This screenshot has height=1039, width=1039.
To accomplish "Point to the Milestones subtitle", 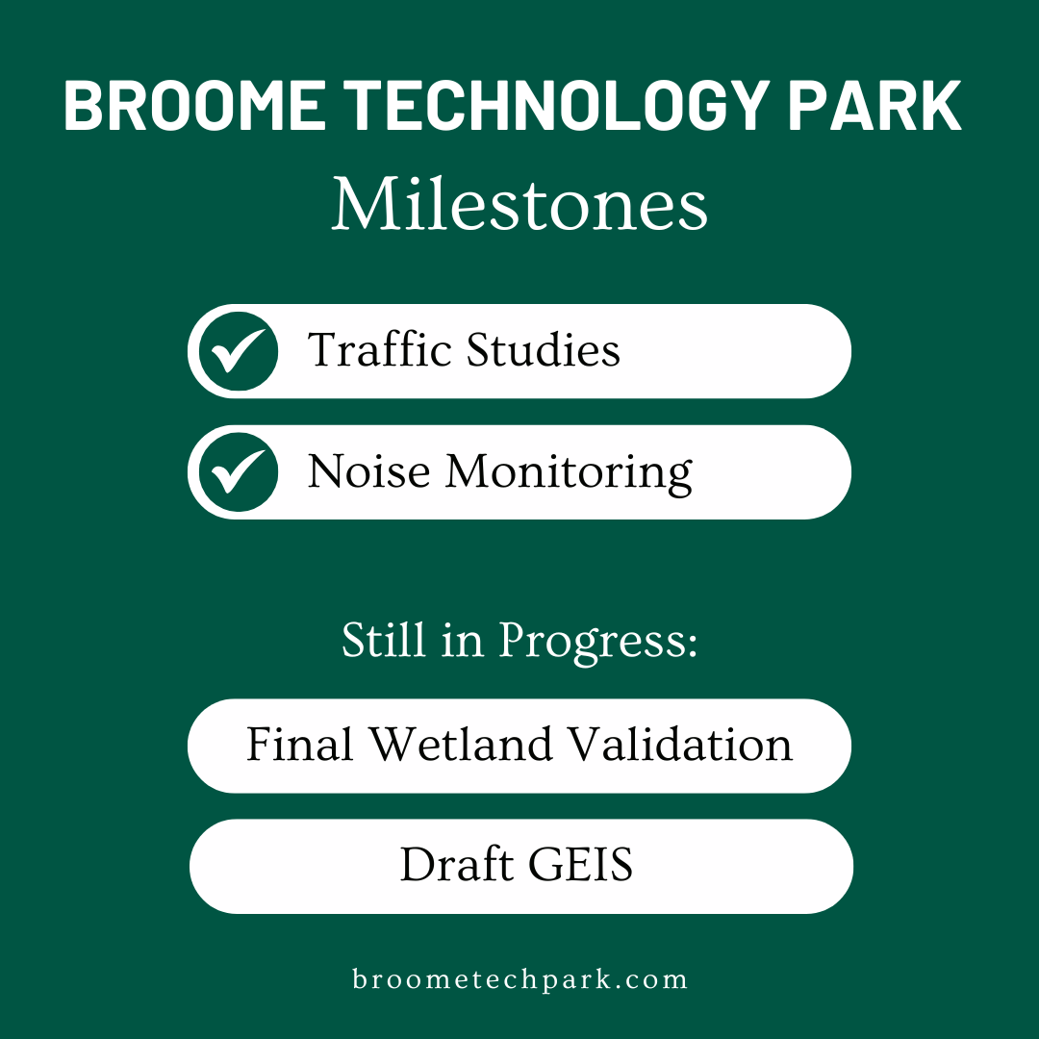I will pyautogui.click(x=519, y=205).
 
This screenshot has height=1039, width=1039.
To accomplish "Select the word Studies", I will pyautogui.click(x=544, y=350).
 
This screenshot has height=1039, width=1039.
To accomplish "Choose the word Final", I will pyautogui.click(x=302, y=745).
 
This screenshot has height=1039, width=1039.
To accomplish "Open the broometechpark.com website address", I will pyautogui.click(x=519, y=980).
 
